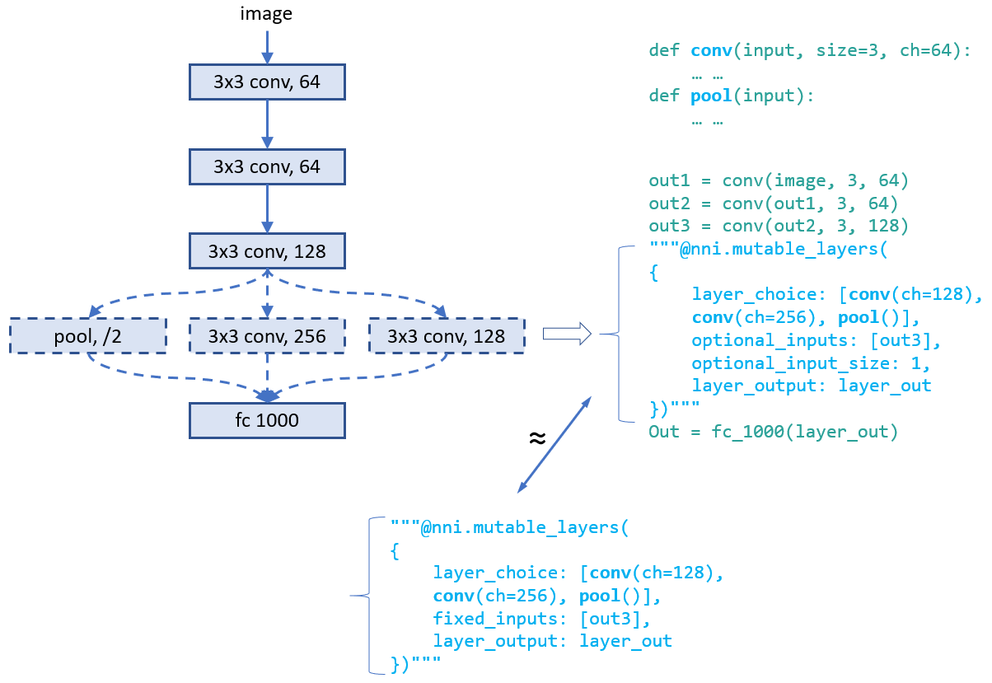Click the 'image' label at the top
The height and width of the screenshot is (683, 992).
(x=266, y=13)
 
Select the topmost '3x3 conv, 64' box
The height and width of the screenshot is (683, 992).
(x=267, y=82)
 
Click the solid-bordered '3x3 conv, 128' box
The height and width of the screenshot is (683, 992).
(x=267, y=251)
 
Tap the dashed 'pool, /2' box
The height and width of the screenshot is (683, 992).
(x=87, y=336)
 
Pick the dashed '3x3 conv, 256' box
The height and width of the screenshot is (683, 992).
(x=267, y=336)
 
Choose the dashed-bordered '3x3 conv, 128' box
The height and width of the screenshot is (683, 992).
(x=447, y=336)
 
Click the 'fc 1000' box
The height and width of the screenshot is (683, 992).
(x=267, y=420)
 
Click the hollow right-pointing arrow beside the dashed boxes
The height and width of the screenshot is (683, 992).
(x=567, y=334)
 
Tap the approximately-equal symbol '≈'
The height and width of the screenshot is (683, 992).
(x=536, y=438)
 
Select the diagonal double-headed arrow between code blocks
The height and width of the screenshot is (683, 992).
(x=554, y=444)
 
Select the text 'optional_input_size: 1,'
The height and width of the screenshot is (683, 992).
(x=811, y=363)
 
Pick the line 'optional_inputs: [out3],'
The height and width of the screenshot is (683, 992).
(x=815, y=340)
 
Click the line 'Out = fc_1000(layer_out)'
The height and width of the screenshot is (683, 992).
(x=773, y=431)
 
